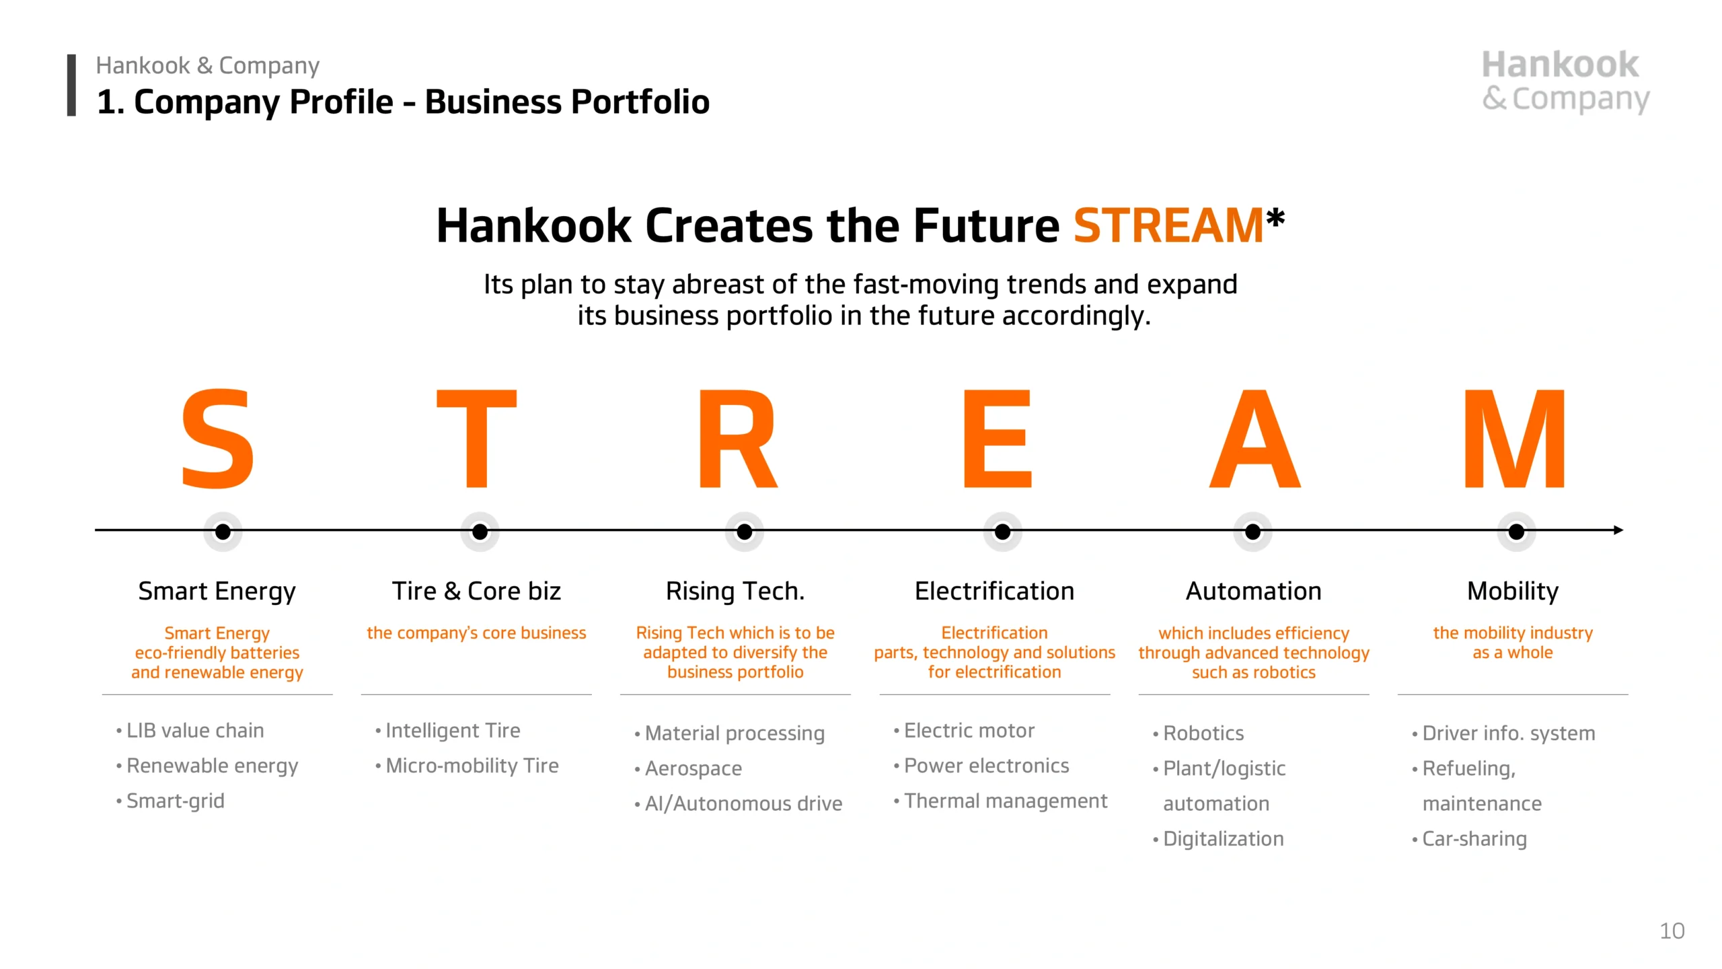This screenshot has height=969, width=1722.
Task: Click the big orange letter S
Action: point(218,438)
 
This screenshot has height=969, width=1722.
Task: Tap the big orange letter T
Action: point(477,438)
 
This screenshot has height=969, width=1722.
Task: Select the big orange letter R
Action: point(737,438)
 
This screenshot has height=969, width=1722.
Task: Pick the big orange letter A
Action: point(1255,438)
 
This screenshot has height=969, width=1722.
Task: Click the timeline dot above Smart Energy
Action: point(223,532)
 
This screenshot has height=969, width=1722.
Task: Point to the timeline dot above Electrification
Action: point(1002,532)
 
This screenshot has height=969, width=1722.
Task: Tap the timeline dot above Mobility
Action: point(1516,532)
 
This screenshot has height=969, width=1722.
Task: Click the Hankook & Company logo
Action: point(1565,81)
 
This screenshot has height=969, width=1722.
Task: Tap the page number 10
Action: point(1672,931)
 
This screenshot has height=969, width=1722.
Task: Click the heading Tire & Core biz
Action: point(476,591)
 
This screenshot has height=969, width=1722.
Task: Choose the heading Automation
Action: point(1254,591)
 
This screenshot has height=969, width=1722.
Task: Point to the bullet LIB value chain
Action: point(190,731)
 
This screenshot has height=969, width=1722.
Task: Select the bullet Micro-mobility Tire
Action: point(467,766)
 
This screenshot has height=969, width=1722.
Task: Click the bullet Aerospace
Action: point(688,768)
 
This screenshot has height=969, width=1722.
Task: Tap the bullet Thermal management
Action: point(1000,801)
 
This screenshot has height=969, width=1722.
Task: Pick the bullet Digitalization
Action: point(1218,839)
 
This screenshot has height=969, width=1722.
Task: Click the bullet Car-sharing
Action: point(1469,839)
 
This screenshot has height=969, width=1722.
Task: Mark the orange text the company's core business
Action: point(476,633)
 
